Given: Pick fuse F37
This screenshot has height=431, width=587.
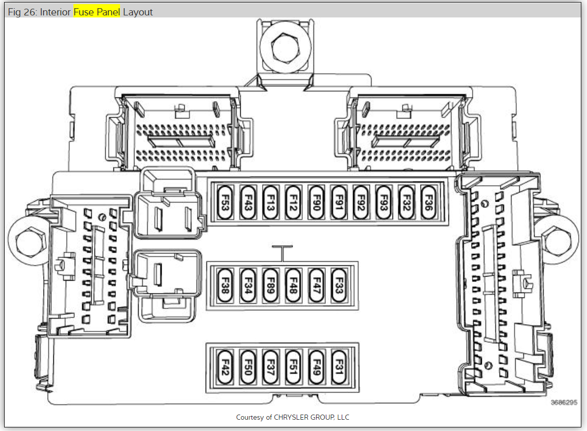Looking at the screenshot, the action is [270, 367].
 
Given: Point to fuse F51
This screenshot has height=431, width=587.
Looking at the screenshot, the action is [292, 367].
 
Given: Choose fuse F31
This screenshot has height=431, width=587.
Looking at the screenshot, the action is [338, 367].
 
